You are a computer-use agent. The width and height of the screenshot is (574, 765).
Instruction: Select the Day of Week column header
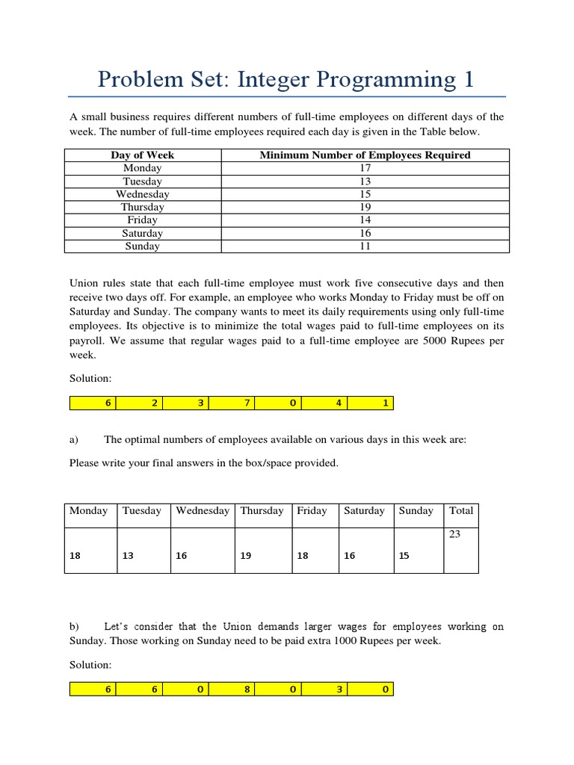pos(142,155)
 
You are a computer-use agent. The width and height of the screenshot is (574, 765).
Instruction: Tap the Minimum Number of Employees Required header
pos(365,155)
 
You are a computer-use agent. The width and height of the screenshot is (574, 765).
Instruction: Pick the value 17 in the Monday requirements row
pos(365,168)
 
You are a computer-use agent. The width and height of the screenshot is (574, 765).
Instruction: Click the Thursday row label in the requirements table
pos(142,207)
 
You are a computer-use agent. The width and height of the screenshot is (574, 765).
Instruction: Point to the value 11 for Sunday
pos(365,246)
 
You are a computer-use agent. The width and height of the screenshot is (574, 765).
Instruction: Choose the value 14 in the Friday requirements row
pos(365,220)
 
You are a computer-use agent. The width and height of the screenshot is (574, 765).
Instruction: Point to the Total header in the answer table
pos(461,511)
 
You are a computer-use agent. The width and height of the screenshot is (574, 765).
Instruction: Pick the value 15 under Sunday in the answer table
pos(404,557)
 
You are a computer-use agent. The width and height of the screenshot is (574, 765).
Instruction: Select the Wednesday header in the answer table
pos(203,511)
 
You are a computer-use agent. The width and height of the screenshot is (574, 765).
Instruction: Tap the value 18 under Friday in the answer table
pos(301,557)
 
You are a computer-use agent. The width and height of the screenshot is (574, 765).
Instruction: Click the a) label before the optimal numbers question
pos(75,440)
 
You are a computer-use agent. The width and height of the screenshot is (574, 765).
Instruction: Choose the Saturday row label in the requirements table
pos(142,233)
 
